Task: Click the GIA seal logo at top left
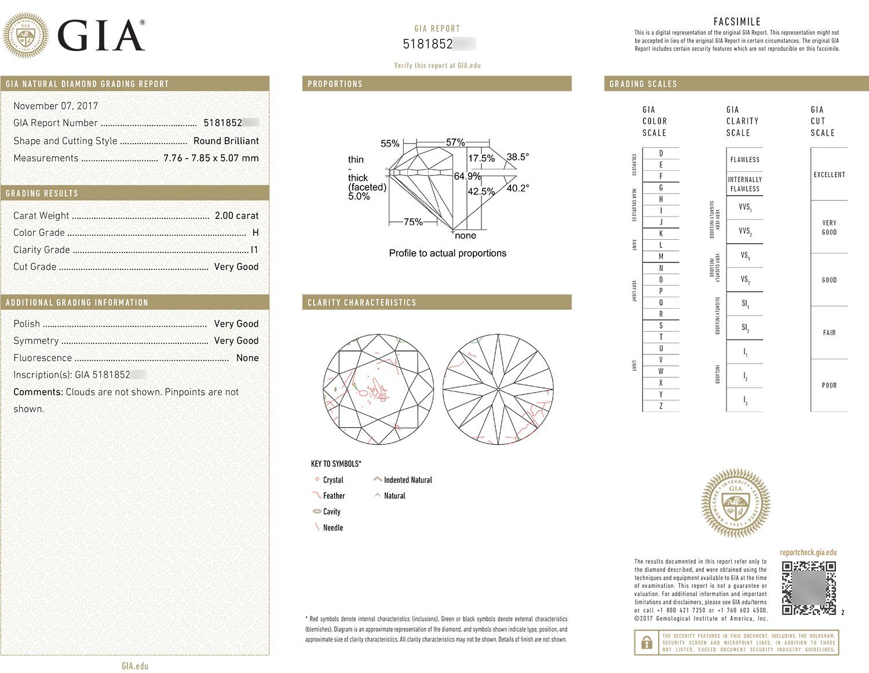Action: pos(25,35)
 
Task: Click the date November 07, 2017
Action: pos(56,106)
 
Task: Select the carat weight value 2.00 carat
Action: pos(236,215)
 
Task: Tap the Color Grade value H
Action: pos(255,233)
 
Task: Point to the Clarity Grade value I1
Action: pos(254,250)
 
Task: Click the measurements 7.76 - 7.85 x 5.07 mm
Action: pos(211,158)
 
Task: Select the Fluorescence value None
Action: pos(247,358)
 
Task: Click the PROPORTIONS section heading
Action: pos(335,84)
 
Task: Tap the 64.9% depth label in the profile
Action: pos(467,176)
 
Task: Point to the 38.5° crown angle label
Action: pos(517,157)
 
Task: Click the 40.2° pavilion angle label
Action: pos(517,188)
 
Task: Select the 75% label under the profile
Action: pos(412,222)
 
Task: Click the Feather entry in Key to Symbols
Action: pos(334,496)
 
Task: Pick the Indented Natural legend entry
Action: pos(407,480)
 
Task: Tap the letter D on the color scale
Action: pos(660,153)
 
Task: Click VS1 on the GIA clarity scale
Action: pos(744,255)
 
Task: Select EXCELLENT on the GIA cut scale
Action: pos(829,174)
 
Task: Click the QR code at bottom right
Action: pos(809,588)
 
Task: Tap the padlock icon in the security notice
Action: pos(645,643)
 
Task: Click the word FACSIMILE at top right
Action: pos(737,21)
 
